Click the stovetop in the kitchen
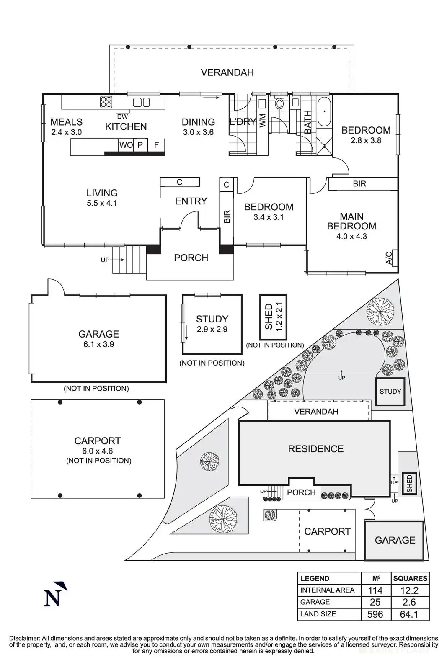coord(106,102)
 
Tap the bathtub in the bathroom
coord(324,112)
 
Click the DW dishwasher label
coord(122,117)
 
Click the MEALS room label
coord(66,122)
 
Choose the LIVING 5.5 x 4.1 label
coord(102,198)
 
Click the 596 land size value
coord(375,614)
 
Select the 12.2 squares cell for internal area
coord(410,590)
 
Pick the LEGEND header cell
coord(315,579)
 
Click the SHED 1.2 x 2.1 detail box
coord(273,317)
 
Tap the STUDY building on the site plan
coord(390,392)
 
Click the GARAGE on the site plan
coord(394,540)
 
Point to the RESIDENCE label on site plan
coord(315,449)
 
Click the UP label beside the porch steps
coord(105,260)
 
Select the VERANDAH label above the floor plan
coord(227,72)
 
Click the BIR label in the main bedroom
coord(359,184)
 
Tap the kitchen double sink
coord(141,102)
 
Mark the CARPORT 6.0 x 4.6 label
coord(98,446)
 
